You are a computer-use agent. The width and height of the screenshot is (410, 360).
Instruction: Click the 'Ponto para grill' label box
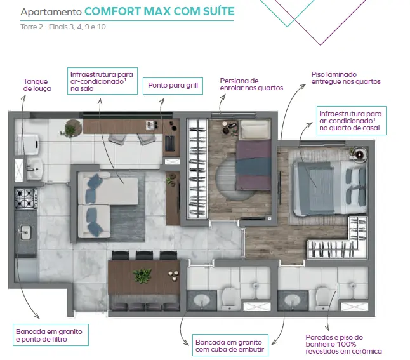(x=173, y=86)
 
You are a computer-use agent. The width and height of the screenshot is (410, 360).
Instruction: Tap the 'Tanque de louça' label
(x=37, y=85)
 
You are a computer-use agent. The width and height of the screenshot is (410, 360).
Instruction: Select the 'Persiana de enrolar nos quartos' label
(x=251, y=84)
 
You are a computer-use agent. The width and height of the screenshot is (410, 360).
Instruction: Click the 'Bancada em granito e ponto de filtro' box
(x=51, y=335)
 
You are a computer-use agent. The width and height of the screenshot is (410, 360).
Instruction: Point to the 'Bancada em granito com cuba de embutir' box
(x=230, y=345)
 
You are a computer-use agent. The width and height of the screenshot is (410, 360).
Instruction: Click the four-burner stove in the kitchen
(x=25, y=198)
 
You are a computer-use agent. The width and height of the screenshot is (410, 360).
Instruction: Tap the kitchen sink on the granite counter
(x=25, y=232)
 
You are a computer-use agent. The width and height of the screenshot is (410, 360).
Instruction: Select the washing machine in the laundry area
(x=27, y=144)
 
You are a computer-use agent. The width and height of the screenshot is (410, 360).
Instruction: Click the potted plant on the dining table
(x=142, y=275)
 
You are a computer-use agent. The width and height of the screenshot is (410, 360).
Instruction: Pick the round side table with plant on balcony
(x=72, y=128)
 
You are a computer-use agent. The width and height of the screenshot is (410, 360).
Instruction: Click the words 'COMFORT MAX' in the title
(x=128, y=11)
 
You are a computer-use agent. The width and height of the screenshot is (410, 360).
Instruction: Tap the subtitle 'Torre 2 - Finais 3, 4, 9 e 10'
(x=63, y=27)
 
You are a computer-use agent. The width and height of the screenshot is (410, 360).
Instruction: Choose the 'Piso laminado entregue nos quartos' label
(x=346, y=78)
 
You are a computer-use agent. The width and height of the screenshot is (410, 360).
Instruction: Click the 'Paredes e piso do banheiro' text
(x=334, y=341)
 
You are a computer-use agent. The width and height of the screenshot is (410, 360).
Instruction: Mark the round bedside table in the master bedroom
(x=359, y=155)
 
